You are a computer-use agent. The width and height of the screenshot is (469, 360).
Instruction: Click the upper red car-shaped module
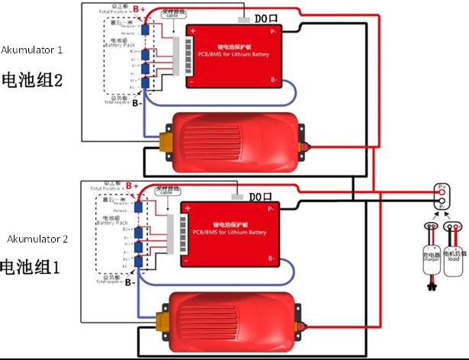[236, 142]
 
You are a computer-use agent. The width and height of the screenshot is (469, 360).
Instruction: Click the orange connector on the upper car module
[165, 142]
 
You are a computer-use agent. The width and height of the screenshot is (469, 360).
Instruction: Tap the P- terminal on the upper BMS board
[272, 32]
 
